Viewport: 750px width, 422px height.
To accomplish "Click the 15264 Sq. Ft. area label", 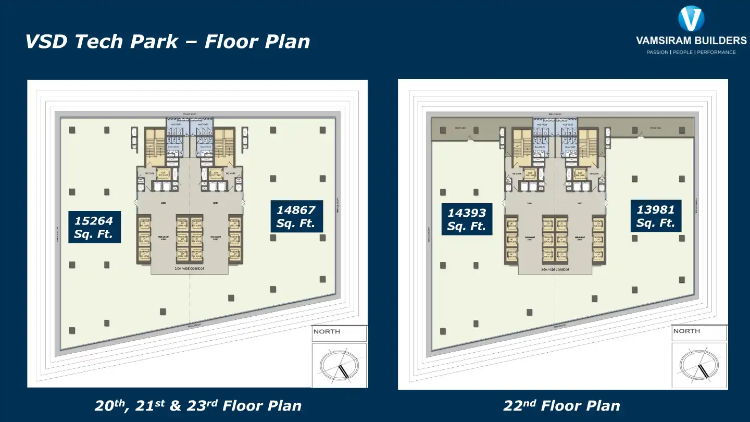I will tap(94, 227).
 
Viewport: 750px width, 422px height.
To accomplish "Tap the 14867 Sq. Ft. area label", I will tap(296, 217).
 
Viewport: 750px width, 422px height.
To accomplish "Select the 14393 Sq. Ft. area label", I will tap(466, 219).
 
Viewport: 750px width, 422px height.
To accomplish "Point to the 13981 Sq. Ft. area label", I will tap(655, 216).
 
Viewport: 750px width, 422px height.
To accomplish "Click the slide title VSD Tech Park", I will tap(167, 42).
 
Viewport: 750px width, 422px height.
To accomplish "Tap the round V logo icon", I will tap(691, 19).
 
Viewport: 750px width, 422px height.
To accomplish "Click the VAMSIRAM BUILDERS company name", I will tap(691, 41).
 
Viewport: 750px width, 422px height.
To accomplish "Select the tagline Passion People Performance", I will tap(691, 52).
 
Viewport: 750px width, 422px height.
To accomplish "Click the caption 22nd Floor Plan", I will tap(561, 405).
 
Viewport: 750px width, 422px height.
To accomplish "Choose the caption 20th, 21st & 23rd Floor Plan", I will tap(198, 405).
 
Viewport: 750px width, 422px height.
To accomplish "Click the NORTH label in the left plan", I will tap(327, 331).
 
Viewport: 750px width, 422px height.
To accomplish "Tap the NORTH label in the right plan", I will tap(686, 331).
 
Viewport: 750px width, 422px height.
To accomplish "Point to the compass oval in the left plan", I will tap(339, 365).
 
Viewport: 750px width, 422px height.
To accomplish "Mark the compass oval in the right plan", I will tap(699, 365).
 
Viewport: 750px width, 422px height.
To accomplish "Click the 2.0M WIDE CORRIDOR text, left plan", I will tap(189, 269).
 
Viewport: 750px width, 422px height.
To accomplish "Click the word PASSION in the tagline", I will tap(657, 52).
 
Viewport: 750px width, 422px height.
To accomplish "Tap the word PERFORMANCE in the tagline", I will tap(716, 52).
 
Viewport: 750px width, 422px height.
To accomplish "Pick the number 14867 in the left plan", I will tap(296, 210).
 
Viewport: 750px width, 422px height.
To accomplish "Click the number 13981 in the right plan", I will tap(655, 209).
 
